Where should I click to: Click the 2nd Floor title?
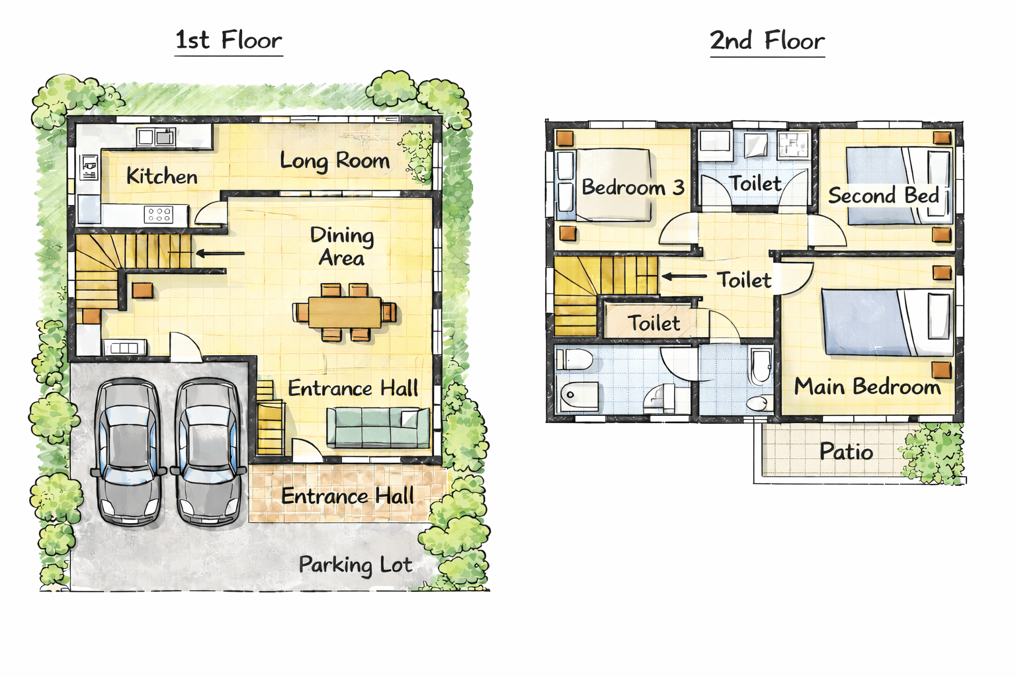tap(767, 40)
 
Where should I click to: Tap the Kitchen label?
tap(162, 176)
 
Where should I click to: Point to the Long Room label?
tap(335, 161)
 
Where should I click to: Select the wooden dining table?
tap(345, 312)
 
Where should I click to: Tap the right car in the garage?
tap(208, 452)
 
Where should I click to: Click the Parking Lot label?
tap(356, 565)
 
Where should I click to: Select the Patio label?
tap(847, 452)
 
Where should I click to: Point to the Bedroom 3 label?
tap(633, 187)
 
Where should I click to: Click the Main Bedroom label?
tap(867, 387)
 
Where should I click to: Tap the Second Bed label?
tap(883, 196)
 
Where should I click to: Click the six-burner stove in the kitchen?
tap(158, 214)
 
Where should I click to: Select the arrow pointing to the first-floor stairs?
tap(220, 253)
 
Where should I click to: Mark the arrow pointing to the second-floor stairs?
tap(684, 276)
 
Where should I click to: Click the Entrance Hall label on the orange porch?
tap(347, 496)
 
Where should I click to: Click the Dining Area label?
tap(342, 247)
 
